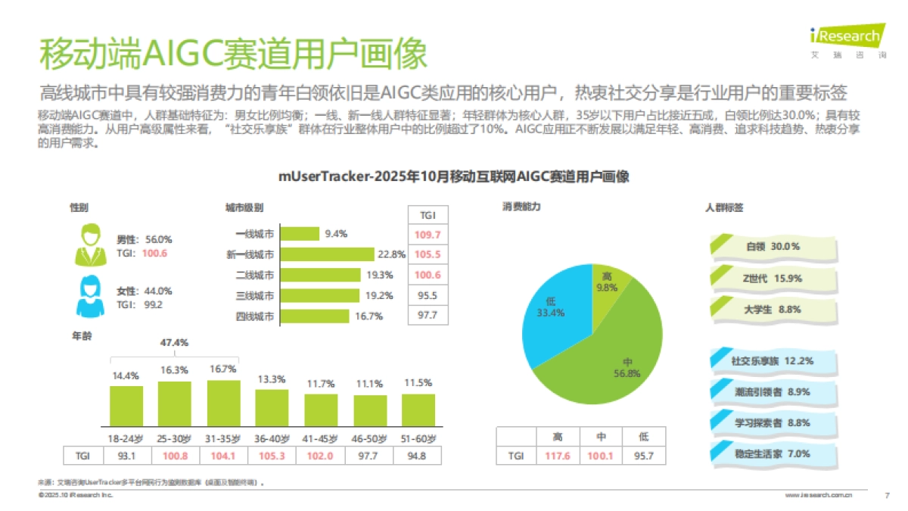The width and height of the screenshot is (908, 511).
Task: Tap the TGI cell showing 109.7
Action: tap(427, 235)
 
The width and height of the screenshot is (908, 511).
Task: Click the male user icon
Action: tap(89, 245)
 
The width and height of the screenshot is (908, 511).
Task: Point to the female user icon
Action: tap(89, 297)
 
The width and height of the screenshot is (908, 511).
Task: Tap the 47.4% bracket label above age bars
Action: tap(174, 342)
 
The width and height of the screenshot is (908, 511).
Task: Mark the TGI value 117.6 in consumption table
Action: tap(557, 456)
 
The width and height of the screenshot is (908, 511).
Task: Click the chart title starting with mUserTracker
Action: tap(453, 176)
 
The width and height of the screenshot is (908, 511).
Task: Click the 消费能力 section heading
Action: tap(521, 207)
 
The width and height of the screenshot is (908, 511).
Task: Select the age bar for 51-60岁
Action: tap(418, 410)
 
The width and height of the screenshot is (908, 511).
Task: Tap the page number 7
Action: tap(886, 495)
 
